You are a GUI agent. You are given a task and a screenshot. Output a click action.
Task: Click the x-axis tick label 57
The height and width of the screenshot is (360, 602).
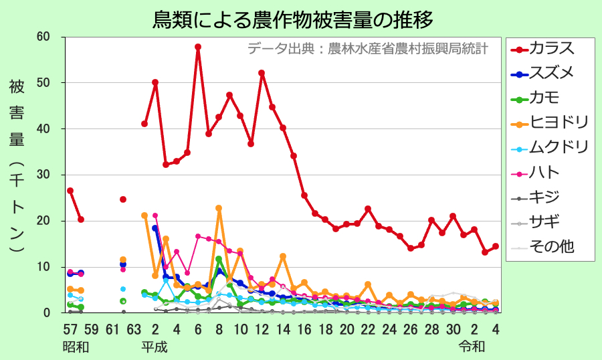[70, 329]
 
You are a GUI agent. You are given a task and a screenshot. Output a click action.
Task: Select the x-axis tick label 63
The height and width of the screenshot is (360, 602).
[133, 329]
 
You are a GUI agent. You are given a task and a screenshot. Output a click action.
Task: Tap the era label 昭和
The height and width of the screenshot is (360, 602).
[75, 347]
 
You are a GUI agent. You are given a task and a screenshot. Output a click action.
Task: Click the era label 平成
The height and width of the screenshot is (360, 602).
[154, 347]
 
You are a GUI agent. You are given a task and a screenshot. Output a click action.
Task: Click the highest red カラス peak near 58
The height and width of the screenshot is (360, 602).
[198, 47]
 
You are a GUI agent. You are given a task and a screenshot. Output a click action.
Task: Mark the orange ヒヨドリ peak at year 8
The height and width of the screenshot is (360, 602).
[219, 208]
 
